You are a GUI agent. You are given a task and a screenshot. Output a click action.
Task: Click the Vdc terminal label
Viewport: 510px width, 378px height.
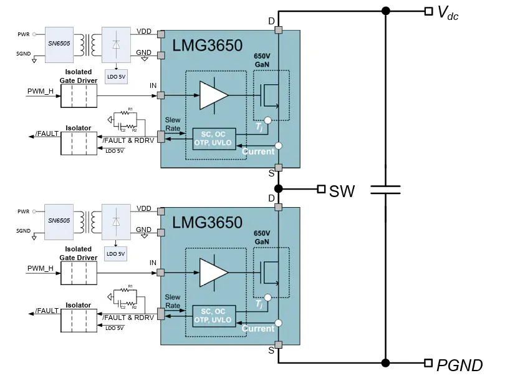tap(448, 13)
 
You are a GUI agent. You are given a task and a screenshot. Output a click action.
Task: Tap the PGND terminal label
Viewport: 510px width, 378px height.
tap(459, 365)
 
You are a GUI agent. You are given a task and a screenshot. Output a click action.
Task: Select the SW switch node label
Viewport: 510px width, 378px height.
tap(342, 191)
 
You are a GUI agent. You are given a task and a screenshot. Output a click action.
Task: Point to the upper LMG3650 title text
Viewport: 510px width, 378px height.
tap(207, 46)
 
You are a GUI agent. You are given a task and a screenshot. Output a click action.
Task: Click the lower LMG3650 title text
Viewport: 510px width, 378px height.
tap(207, 222)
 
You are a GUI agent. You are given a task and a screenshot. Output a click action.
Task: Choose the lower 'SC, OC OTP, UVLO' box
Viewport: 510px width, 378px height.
tap(214, 315)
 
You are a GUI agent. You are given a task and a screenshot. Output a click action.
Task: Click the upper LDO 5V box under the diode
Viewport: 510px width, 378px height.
tap(115, 77)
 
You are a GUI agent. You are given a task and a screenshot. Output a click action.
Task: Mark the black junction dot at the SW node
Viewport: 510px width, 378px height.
tap(278, 188)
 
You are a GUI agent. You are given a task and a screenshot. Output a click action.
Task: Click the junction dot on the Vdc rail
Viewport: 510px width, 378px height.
tap(385, 11)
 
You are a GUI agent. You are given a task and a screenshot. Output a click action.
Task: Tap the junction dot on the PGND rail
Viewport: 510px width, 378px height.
tap(385, 362)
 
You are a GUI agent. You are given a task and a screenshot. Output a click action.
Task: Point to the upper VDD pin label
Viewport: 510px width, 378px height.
tap(144, 31)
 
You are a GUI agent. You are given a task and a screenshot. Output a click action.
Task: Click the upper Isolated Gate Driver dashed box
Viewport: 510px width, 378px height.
tap(78, 95)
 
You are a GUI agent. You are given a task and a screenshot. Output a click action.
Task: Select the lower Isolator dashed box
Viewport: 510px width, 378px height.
tap(78, 320)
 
